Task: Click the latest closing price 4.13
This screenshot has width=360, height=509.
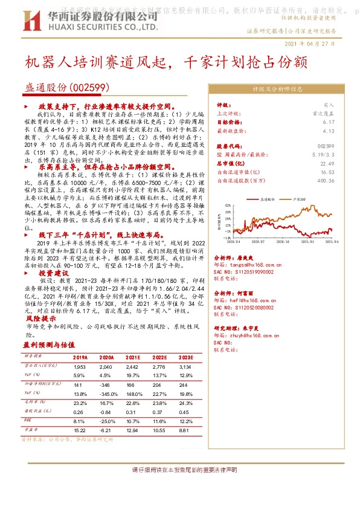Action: click(328, 130)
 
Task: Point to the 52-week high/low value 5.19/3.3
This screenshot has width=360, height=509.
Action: click(324, 154)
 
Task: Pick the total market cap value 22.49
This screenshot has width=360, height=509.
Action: click(327, 163)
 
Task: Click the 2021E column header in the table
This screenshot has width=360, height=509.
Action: click(133, 357)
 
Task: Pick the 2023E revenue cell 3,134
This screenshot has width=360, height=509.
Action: click(185, 367)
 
